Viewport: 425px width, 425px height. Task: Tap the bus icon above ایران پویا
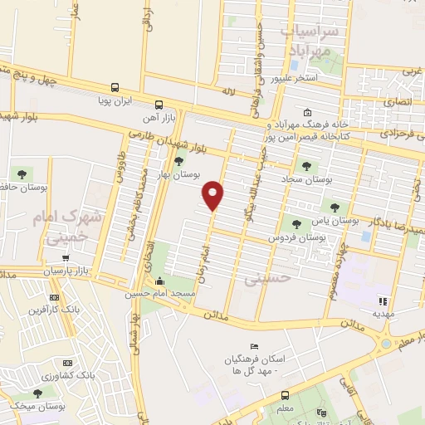point(115,88)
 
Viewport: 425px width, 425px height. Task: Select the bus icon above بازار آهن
point(159,105)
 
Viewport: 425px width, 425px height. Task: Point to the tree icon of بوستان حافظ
point(22,174)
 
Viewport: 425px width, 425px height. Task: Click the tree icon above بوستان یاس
point(335,208)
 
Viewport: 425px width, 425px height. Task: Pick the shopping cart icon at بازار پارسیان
point(66,258)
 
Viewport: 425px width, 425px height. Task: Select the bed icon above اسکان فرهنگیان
point(254,346)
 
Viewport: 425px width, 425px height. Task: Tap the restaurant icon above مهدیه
point(383,301)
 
